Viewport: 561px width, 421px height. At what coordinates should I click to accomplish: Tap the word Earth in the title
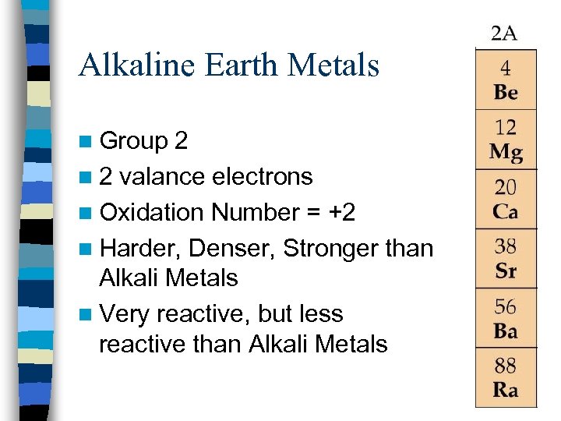(x=231, y=65)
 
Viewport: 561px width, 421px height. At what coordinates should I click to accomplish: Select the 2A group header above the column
(x=504, y=33)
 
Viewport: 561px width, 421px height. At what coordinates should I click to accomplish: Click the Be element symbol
(x=506, y=93)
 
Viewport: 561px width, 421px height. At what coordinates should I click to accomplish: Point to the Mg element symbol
(x=506, y=152)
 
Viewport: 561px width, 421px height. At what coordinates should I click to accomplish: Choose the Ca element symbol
(x=506, y=211)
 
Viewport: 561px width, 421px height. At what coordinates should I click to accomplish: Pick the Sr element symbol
(x=506, y=271)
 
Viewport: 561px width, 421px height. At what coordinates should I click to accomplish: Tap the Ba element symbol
(x=506, y=331)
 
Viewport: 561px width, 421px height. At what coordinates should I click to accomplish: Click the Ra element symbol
(x=506, y=390)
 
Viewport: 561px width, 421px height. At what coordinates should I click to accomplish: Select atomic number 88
(x=506, y=366)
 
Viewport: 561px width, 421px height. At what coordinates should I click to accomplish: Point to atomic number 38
(x=506, y=247)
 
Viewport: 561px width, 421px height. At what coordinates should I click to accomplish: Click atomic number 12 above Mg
(x=506, y=127)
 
